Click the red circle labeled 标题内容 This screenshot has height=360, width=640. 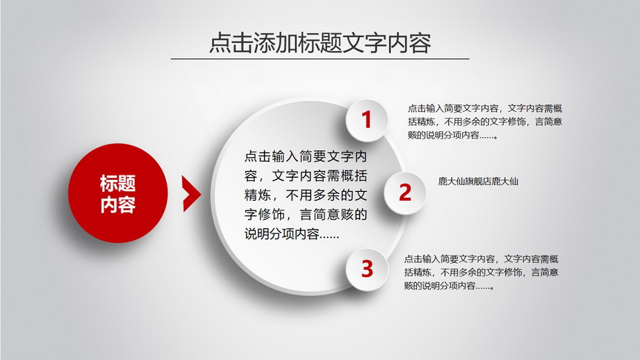coord(118,193)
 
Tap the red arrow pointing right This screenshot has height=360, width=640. coord(191,194)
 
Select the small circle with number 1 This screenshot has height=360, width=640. coord(367,120)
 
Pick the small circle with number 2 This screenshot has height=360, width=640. coord(405,193)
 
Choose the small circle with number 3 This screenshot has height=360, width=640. coord(367,270)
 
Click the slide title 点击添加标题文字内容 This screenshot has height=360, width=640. coord(320,42)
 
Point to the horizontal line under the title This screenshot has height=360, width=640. coord(320,59)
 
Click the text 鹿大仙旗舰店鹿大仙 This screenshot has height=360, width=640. coord(478,181)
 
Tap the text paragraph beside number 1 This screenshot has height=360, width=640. coord(485,121)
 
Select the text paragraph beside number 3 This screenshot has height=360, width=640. coord(481,273)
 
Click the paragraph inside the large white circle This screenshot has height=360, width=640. coord(306,195)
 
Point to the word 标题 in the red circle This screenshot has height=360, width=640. coord(118,183)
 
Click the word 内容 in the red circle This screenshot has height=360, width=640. coord(118,204)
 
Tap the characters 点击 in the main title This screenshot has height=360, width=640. coord(231,42)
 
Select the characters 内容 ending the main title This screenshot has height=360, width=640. coord(410,42)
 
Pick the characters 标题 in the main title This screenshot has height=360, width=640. coord(320,42)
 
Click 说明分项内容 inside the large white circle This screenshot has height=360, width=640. coord(281,234)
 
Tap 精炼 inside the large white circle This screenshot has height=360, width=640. coord(258,195)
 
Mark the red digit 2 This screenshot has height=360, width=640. coord(405,193)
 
